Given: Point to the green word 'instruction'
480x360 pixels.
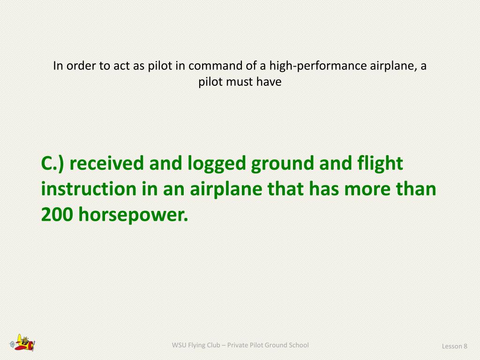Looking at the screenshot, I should (87, 189).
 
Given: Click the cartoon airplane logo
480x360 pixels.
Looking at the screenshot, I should (23, 343).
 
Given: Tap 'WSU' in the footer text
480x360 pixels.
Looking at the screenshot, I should (179, 345).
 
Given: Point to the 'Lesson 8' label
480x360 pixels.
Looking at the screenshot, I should (454, 346).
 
